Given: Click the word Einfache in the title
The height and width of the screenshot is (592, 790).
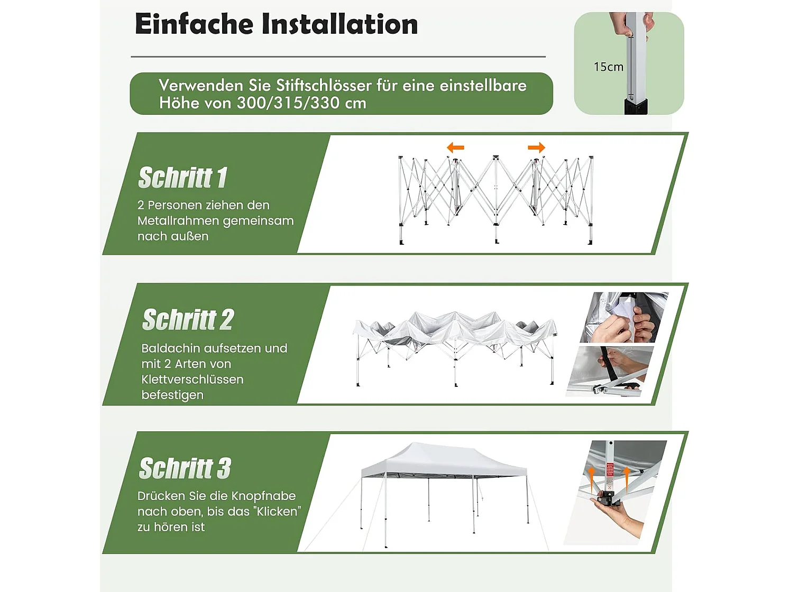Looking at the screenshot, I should point(194,24).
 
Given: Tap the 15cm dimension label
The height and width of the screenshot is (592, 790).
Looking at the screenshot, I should point(608,67).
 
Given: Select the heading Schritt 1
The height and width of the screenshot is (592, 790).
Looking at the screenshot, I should point(182,178).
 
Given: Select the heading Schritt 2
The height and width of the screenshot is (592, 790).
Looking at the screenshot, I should point(188,320).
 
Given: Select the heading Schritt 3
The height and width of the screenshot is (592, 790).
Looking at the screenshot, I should point(185,468).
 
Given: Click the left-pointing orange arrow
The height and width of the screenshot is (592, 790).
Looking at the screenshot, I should point(455,147).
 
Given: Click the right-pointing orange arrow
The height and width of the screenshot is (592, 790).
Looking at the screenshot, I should point(536,147).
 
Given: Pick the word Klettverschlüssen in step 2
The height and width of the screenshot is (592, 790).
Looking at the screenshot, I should point(192,380).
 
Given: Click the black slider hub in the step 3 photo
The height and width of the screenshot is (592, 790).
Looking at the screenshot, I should point(607,498).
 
